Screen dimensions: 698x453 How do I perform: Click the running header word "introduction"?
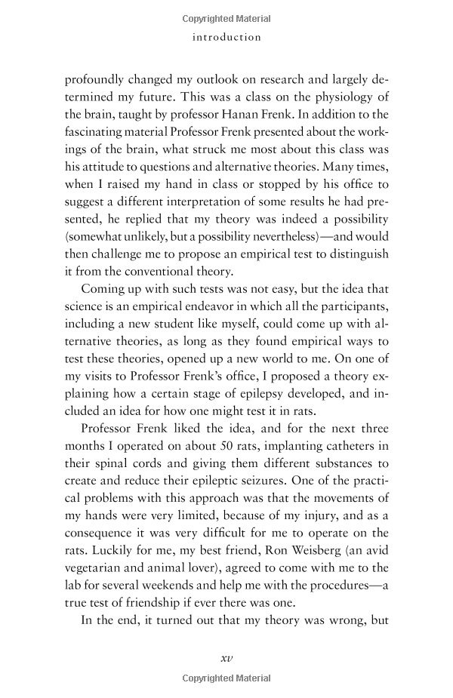pos(226,37)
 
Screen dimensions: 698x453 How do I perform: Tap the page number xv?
pos(226,657)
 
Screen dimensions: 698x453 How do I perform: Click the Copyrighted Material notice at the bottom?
pos(226,679)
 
